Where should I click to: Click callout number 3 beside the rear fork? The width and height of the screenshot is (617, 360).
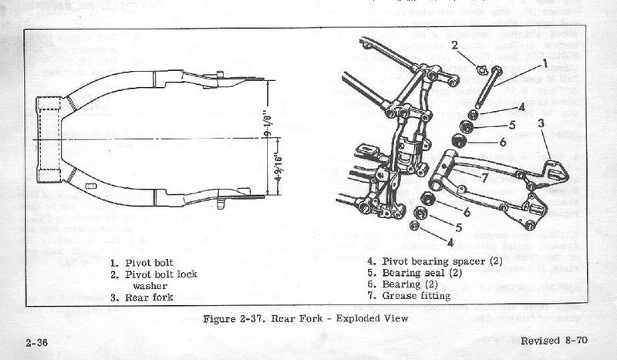[x=541, y=123]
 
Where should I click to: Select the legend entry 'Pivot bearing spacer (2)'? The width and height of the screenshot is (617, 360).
[x=434, y=261]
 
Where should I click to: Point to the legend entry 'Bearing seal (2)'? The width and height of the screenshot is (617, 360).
[x=413, y=272]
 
